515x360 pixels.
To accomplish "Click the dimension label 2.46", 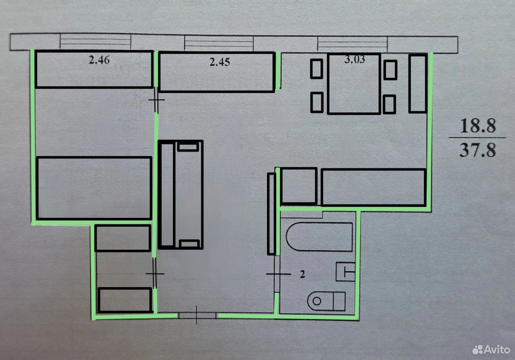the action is [99, 60].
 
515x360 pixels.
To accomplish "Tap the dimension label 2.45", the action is [220, 62].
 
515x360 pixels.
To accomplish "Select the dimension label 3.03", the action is [354, 59].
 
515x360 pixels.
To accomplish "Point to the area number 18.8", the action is [478, 126].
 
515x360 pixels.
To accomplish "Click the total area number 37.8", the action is [478, 150].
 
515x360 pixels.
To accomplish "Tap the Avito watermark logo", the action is [491, 350].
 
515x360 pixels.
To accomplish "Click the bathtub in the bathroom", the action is [319, 237].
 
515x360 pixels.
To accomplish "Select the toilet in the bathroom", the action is [326, 301].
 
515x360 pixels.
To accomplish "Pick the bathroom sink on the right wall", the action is [346, 272].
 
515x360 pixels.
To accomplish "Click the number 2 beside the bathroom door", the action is [302, 274].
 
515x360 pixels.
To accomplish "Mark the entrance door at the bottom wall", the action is [197, 315].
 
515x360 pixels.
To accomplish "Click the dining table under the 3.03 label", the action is [354, 84].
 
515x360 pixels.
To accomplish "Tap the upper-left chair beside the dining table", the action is [317, 69].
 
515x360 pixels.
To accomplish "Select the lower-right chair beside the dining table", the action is [389, 104].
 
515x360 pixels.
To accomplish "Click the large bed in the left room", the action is [94, 188].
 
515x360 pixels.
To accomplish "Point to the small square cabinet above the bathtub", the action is [299, 186].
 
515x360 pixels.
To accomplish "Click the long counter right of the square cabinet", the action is [374, 187].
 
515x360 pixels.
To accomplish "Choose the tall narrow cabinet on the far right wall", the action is [418, 83].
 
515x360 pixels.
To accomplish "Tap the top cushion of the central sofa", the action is [188, 147].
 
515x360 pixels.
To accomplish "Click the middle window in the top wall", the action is [219, 43].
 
